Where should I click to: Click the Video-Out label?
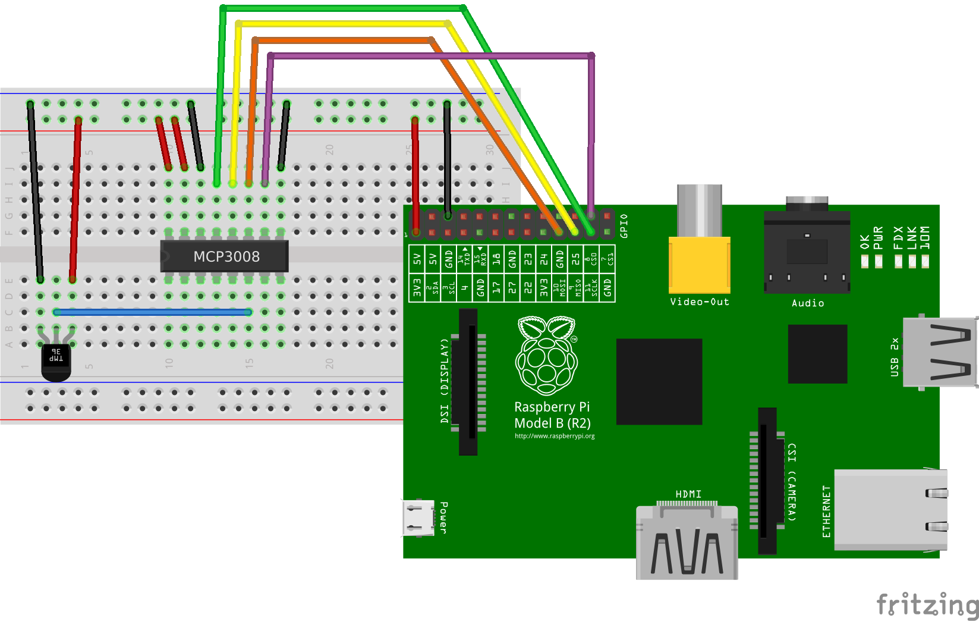tap(699, 302)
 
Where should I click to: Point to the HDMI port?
tap(687, 541)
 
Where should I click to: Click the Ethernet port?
tap(890, 510)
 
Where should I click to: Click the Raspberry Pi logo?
tap(546, 356)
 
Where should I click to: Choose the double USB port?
tap(940, 352)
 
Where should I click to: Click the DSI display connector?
tap(468, 381)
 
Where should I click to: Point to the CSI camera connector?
tap(767, 481)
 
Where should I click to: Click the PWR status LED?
tap(878, 261)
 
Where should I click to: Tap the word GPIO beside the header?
tap(624, 226)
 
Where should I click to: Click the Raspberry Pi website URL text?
tap(555, 436)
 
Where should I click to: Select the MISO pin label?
tap(575, 287)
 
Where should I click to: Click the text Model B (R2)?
tap(552, 424)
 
